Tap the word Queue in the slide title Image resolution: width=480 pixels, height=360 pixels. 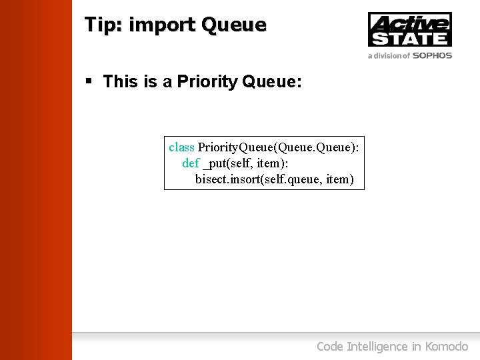(x=233, y=25)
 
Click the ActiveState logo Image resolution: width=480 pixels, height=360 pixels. (x=410, y=29)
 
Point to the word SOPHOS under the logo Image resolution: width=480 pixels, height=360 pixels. (x=432, y=56)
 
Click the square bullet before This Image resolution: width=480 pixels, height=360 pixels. (x=89, y=81)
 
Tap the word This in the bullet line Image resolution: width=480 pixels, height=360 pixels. (x=121, y=82)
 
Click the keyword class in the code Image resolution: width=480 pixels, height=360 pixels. (x=181, y=147)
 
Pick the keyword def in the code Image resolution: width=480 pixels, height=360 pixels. (x=191, y=163)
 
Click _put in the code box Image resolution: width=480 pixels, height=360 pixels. (x=214, y=163)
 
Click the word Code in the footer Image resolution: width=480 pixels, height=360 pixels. (x=329, y=346)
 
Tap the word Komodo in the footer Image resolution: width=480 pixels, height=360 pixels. (x=446, y=346)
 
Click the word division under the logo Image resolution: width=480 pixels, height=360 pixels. (x=389, y=56)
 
